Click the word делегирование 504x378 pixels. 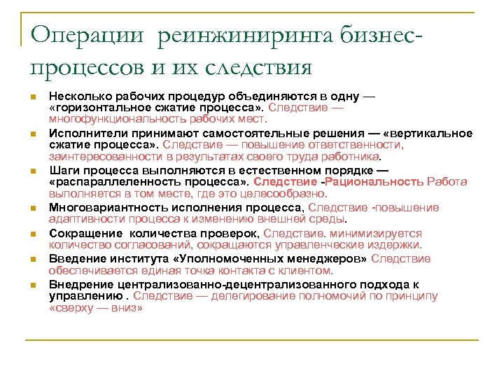click(x=246, y=296)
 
